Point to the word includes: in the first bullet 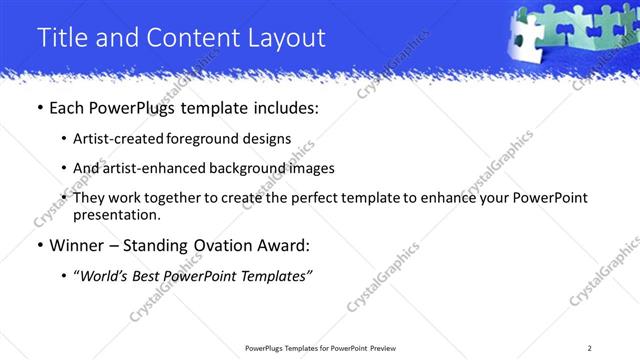(x=283, y=107)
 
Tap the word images (x=311, y=168)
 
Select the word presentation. (x=116, y=214)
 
